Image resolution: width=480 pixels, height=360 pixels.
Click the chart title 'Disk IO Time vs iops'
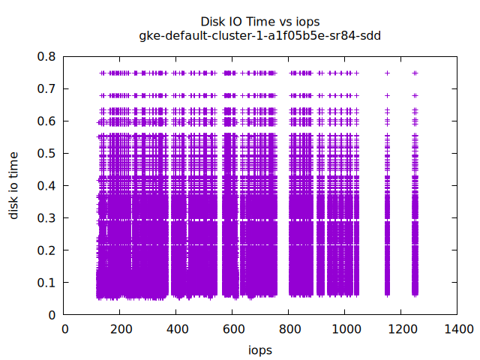coord(260,22)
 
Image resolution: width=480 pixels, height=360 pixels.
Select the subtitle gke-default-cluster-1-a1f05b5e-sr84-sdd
coord(260,35)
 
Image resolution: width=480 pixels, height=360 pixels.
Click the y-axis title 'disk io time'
coord(14,185)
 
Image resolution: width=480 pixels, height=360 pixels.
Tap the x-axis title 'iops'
coord(260,350)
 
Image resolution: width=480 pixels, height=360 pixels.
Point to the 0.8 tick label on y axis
coord(47,56)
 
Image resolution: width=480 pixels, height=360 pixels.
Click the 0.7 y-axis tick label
coord(47,88)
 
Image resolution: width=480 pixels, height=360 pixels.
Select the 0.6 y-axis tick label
coord(47,121)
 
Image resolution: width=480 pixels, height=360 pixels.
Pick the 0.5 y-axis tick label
coord(47,153)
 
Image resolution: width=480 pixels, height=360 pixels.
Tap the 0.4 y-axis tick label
coord(47,186)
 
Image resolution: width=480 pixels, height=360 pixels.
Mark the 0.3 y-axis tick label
coord(47,218)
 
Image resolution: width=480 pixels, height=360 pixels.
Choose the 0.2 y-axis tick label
coord(47,250)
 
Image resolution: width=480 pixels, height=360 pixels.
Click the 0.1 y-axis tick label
coord(47,283)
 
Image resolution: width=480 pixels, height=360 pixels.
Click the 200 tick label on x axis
coord(121,328)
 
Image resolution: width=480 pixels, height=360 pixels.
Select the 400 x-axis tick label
coord(177,328)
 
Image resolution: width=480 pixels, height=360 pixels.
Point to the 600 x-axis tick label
coord(233,328)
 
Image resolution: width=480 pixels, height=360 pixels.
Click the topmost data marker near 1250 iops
coord(415,73)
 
